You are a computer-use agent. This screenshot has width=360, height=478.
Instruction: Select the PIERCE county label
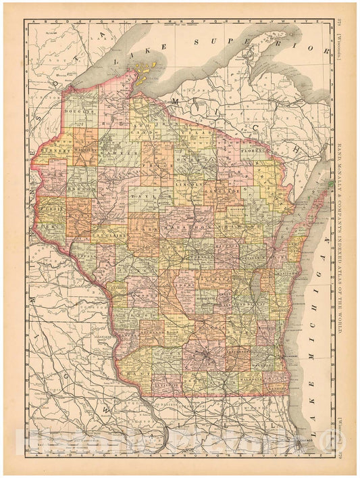click(x=51, y=220)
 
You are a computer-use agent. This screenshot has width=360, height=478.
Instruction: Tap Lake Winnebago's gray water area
click(x=254, y=288)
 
